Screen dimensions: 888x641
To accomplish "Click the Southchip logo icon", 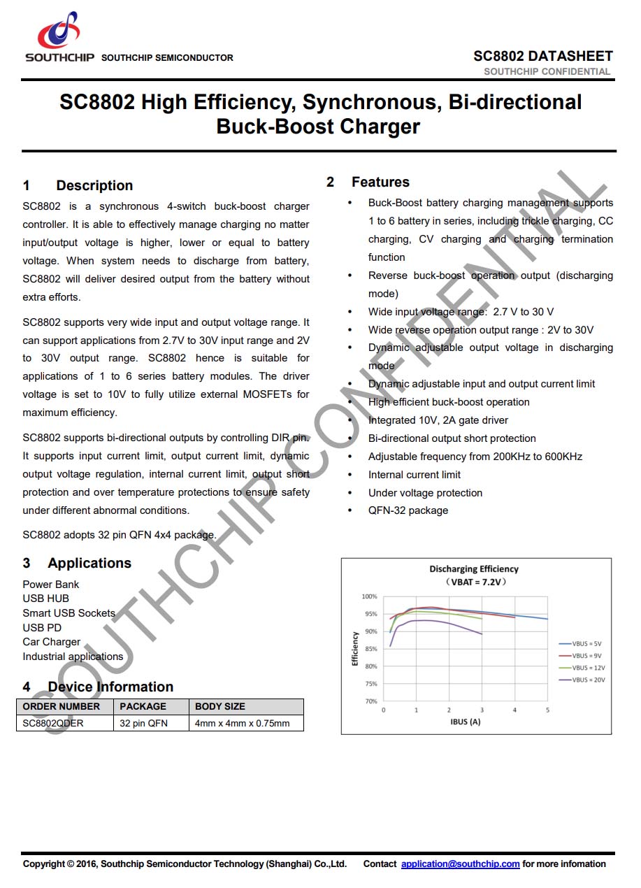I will point(59,31).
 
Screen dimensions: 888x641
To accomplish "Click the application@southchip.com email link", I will point(460,864).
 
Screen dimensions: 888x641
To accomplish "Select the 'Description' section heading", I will point(94,185).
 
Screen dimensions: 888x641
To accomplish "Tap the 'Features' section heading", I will point(380,182).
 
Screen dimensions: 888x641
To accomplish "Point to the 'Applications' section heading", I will point(89,563).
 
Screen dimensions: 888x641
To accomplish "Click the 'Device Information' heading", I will point(110,687).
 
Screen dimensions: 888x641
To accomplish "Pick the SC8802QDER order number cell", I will point(53,723).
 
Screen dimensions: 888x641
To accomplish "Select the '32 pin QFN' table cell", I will point(144,723).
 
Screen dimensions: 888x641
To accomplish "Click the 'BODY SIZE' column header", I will point(220,706).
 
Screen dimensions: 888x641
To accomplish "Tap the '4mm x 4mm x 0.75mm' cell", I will point(242,723).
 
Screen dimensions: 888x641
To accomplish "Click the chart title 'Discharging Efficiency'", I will point(474,569).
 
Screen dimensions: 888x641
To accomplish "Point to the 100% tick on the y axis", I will point(369,596).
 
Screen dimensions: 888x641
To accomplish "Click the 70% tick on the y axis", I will point(370,701).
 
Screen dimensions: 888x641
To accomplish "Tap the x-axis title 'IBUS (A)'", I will point(465,721).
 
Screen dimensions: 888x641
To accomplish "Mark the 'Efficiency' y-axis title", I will point(355,649).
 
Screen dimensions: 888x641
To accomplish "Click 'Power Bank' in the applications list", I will point(51,584).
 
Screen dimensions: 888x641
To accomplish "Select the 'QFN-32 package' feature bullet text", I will point(408,510).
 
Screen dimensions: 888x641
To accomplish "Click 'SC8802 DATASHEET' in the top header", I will point(542,56).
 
